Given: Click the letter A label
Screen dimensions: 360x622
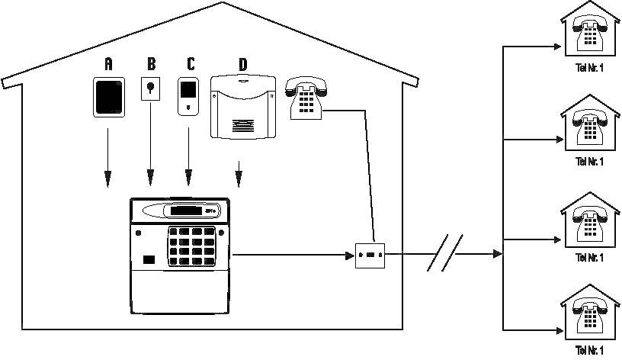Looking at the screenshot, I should pyautogui.click(x=107, y=64).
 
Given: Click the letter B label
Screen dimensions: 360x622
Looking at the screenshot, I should pyautogui.click(x=151, y=64).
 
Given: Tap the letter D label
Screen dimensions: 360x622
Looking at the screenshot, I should pyautogui.click(x=242, y=64).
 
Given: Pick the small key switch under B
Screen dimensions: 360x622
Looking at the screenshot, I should pyautogui.click(x=151, y=89).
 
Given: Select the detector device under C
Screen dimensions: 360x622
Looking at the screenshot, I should pyautogui.click(x=188, y=96).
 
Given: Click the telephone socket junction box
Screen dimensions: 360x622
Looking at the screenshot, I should pyautogui.click(x=372, y=254).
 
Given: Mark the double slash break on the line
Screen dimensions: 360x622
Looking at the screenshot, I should pyautogui.click(x=445, y=254).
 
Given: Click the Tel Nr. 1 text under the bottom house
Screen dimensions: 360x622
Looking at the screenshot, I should pyautogui.click(x=591, y=351).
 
